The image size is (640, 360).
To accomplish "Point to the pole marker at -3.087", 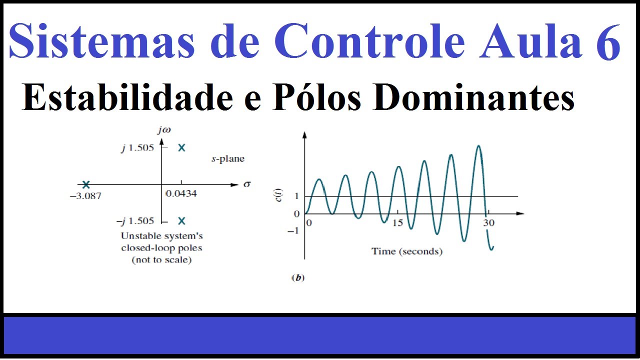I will (x=86, y=184).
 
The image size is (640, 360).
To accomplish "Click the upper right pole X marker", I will (x=181, y=147).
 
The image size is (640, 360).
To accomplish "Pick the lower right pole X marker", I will (x=181, y=221).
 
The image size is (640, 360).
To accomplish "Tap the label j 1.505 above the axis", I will (x=137, y=148).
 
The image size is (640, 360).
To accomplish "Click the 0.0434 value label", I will (x=180, y=193).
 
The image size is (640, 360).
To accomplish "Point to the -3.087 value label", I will (x=85, y=196).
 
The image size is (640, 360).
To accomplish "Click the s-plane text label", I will (x=227, y=159).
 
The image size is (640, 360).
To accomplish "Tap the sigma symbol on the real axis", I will (x=246, y=184).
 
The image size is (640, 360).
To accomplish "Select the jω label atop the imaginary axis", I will (x=163, y=131).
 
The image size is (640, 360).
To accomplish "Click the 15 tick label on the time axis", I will (x=397, y=223).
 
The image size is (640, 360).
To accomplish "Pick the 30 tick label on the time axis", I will (x=488, y=223).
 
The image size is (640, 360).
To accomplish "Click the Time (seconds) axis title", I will (x=406, y=251).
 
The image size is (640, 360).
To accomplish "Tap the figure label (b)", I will (x=297, y=278).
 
